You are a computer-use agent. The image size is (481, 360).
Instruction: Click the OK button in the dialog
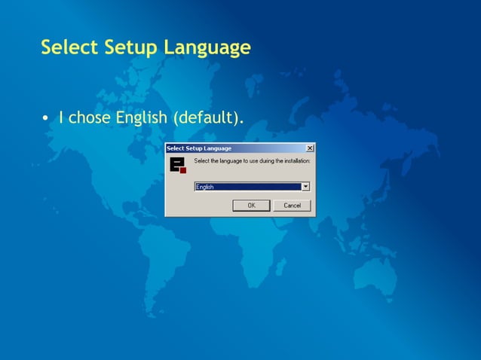click(x=251, y=206)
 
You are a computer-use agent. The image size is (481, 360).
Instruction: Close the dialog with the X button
click(x=310, y=148)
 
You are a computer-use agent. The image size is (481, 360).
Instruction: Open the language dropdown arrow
click(x=305, y=187)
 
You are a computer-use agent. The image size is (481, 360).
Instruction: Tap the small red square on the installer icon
click(x=182, y=170)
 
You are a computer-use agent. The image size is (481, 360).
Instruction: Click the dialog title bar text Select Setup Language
click(x=199, y=148)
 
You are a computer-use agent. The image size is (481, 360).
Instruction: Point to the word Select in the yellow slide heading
click(x=69, y=48)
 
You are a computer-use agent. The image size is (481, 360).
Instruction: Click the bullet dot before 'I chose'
click(x=46, y=118)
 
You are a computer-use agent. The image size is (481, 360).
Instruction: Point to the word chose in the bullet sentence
click(x=89, y=118)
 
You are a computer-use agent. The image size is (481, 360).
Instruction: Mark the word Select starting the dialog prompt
click(x=203, y=160)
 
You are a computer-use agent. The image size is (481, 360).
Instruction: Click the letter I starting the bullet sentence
click(x=61, y=118)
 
